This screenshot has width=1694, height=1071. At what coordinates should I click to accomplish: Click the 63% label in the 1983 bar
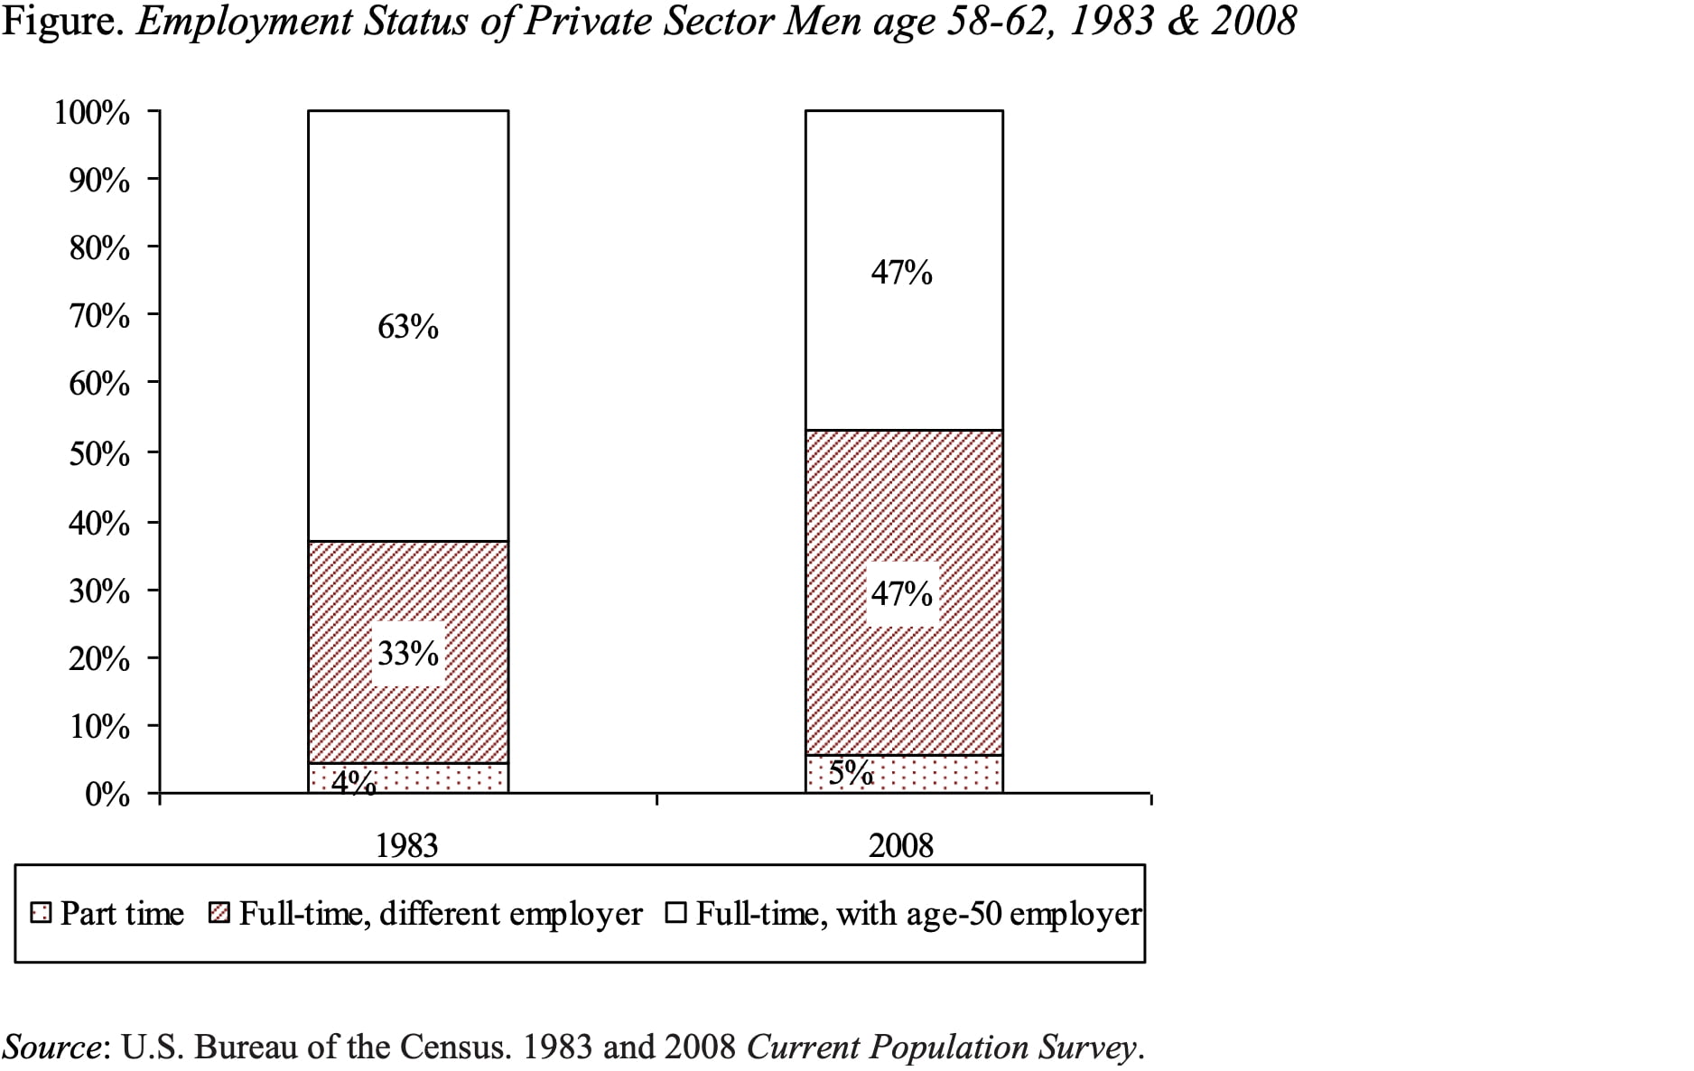coord(408,327)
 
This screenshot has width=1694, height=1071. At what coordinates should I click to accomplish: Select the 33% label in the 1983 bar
coord(408,653)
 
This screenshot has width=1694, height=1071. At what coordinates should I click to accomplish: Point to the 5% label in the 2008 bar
coord(851,773)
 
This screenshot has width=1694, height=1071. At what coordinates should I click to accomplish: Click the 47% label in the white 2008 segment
coord(901,272)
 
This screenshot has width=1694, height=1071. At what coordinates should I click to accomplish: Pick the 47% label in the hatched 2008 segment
coord(901,593)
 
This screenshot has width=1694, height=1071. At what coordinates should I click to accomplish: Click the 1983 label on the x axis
coord(406,846)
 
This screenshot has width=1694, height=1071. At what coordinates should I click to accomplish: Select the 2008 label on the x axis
coord(901,846)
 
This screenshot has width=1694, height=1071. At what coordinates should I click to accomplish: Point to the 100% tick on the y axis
coord(92,113)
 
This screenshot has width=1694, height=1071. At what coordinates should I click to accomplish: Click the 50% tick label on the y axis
coord(99,453)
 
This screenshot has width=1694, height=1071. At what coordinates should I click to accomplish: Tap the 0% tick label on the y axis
coord(107,795)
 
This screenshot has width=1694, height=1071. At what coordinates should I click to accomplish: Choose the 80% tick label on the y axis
coord(99,248)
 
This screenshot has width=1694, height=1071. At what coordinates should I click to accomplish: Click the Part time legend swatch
coord(40,914)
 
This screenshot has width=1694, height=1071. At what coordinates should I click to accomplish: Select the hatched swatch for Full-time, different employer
coord(219,914)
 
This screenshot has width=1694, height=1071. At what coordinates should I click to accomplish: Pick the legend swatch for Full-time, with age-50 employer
coord(675,914)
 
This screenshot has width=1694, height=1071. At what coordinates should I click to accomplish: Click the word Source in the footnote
coord(51,1048)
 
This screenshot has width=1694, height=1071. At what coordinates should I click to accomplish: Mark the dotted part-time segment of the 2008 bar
coord(939,775)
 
